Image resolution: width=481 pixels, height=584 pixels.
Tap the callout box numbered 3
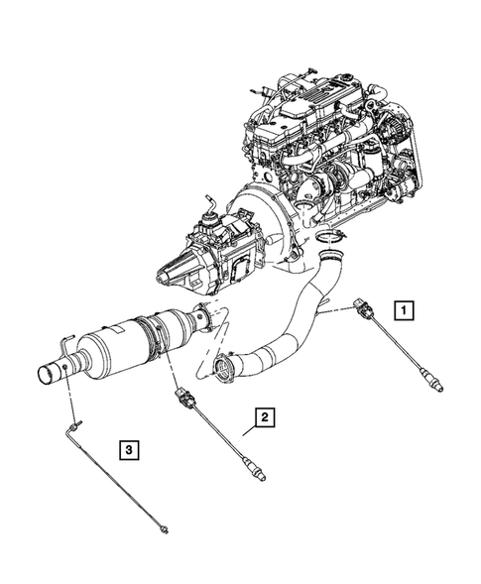click(129, 451)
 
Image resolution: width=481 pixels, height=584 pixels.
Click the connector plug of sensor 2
click(181, 400)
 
